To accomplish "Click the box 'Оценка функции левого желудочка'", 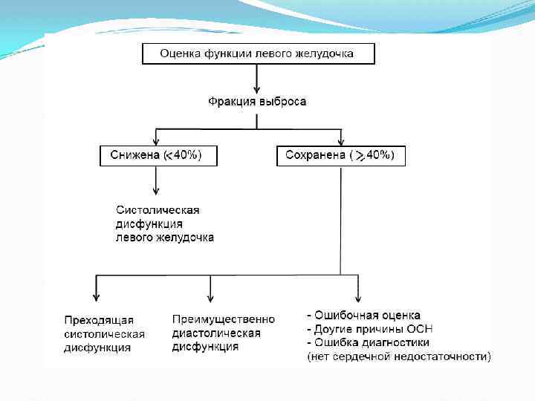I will coord(259,53).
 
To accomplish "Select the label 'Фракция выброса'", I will coord(256,102).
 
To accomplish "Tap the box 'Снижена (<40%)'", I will coord(156,155).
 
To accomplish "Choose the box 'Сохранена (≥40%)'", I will coord(340,155).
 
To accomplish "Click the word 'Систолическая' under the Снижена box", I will coord(158,210).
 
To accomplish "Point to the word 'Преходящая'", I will coord(99,320).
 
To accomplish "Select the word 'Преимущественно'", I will coord(223,319).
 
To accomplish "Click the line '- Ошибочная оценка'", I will coord(363,316).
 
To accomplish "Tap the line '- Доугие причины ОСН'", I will coord(369,329).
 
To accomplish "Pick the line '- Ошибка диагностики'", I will coord(368,342).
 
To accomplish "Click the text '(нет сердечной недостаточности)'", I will coord(399,356).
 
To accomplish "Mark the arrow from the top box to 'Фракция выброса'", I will coord(256,77).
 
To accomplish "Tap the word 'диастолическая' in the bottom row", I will coord(216,333).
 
